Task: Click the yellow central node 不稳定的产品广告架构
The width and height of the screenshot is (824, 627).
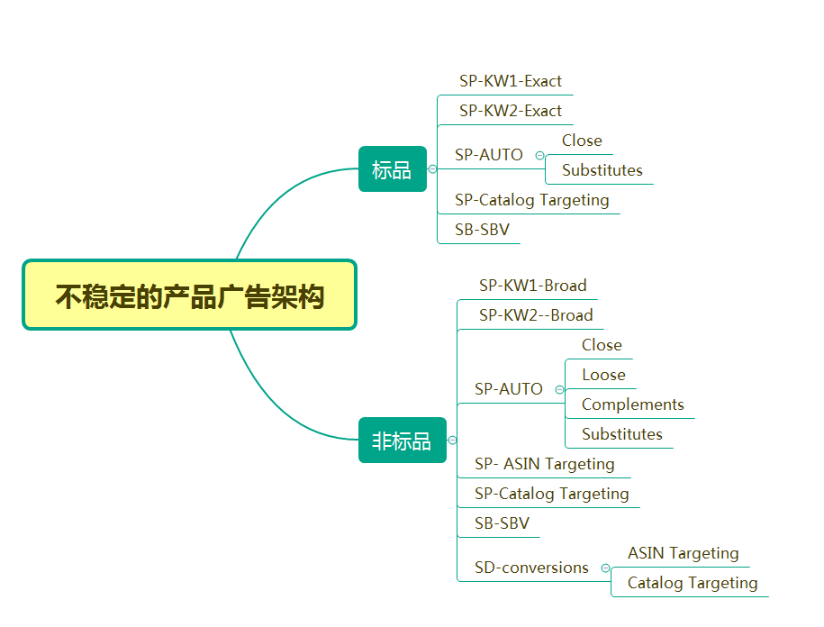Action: point(189,295)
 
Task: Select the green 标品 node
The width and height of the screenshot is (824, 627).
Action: point(392,169)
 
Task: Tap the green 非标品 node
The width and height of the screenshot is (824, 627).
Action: point(402,441)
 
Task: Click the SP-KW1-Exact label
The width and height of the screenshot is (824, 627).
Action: point(510,81)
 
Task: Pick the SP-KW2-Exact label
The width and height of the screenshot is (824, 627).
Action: point(510,111)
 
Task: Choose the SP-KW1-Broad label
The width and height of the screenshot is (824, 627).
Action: point(532,286)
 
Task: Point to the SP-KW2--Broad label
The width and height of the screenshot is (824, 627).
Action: point(536,315)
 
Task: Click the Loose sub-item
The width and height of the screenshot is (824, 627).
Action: point(603,375)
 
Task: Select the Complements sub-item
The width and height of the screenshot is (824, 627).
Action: point(632,404)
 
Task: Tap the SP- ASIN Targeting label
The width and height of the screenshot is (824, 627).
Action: point(544,464)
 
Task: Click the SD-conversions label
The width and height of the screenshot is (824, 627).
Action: point(531,568)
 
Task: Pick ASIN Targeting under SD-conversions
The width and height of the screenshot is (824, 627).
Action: point(683,553)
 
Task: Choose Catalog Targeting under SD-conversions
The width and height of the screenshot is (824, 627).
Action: point(692,583)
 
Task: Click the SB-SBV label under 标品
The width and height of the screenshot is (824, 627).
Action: point(482,230)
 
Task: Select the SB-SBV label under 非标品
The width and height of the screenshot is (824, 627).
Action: point(502,523)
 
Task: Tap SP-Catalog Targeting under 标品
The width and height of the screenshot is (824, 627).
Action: point(531,200)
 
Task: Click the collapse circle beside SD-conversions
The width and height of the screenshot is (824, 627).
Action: point(605,568)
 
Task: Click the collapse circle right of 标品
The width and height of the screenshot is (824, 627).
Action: point(432,169)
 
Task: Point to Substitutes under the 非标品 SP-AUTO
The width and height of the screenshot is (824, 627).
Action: point(621,434)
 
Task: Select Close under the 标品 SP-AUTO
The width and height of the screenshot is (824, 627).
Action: point(582,141)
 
